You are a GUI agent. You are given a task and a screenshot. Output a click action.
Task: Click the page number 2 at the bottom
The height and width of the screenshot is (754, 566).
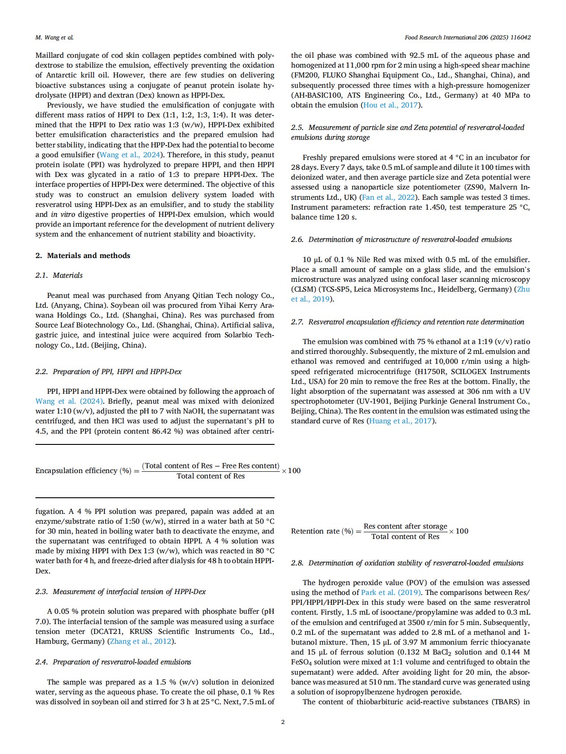(283, 722)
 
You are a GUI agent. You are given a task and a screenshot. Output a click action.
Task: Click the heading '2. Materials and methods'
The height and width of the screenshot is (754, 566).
(83, 256)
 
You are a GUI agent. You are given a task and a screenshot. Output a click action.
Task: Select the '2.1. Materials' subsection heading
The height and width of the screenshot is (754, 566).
(59, 276)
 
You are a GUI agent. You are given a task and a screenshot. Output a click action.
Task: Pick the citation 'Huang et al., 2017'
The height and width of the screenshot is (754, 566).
(400, 421)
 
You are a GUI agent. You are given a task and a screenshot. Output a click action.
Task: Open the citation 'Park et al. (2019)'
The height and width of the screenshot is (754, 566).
(391, 593)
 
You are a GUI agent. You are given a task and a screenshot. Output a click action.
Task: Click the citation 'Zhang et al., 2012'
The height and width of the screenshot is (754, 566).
(141, 642)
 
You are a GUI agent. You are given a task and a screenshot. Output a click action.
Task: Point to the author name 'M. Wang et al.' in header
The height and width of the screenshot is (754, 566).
(54, 38)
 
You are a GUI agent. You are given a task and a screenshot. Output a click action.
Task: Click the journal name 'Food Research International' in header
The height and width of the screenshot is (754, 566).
(440, 38)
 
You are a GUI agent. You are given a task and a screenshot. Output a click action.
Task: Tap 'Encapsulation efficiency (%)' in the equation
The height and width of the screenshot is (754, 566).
(83, 471)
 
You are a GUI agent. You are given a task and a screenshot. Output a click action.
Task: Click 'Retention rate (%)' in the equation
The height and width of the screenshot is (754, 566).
(322, 531)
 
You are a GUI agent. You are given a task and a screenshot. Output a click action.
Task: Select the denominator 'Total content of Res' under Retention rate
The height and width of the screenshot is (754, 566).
(405, 537)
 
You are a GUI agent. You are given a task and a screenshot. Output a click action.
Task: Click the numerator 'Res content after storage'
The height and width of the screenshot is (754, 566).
(405, 526)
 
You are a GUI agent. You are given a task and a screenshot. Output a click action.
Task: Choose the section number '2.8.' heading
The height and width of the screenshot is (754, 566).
(297, 563)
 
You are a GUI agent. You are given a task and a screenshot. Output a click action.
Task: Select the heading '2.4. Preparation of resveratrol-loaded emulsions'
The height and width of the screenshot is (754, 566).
(113, 662)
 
